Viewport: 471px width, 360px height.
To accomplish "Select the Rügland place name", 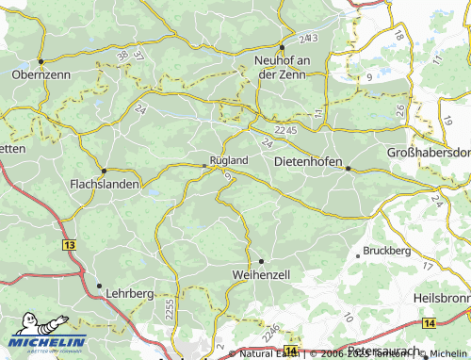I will [229, 160].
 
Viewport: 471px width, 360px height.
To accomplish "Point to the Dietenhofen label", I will [305, 161].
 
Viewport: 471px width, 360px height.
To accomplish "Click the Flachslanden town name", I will [105, 185].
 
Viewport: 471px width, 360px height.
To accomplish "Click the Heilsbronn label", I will [442, 297].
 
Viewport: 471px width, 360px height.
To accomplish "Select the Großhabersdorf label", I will [429, 153].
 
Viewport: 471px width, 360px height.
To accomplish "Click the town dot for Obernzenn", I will [41, 61].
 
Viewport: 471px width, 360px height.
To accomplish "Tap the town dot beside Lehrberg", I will [99, 285].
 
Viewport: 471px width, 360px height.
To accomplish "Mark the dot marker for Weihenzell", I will [262, 261].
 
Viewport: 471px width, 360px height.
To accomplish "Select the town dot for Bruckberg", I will [357, 254].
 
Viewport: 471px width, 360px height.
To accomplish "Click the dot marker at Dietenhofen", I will [348, 169].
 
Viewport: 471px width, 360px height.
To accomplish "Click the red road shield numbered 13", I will [70, 244].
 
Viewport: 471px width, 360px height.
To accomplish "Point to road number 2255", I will [169, 307].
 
